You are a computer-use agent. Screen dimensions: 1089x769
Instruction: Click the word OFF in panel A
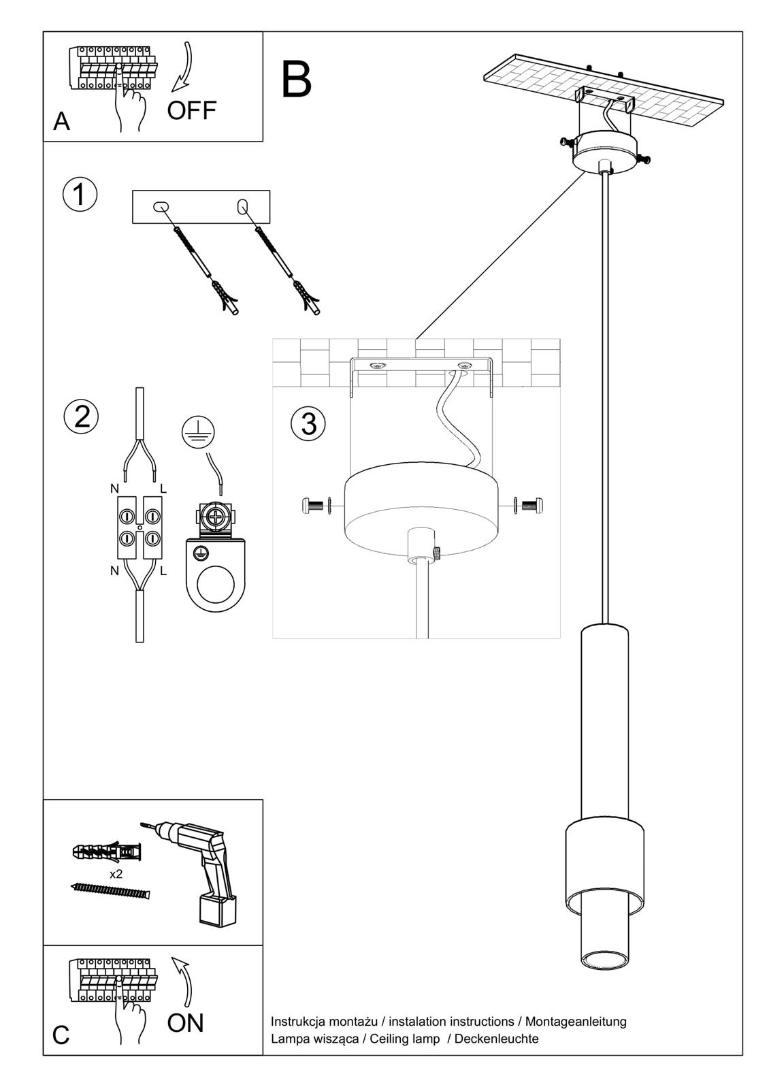pyautogui.click(x=192, y=110)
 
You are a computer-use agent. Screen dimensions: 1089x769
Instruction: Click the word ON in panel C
pyautogui.click(x=185, y=1022)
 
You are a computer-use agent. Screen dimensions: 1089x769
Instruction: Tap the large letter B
pyautogui.click(x=296, y=80)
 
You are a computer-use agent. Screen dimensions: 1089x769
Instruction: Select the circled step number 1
pyautogui.click(x=80, y=194)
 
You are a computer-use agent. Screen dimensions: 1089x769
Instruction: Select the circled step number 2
pyautogui.click(x=82, y=416)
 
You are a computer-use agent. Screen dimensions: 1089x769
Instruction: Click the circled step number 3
pyautogui.click(x=308, y=423)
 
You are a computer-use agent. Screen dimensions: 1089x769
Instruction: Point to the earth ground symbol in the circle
pyautogui.click(x=199, y=431)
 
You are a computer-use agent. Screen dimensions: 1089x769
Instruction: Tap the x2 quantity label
pyautogui.click(x=116, y=874)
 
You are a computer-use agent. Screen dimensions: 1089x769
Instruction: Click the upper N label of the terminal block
pyautogui.click(x=114, y=489)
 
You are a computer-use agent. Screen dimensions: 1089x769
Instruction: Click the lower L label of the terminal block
pyautogui.click(x=163, y=572)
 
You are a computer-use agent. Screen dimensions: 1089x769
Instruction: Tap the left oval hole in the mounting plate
pyautogui.click(x=161, y=206)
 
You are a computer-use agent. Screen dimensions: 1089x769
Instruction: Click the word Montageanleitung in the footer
pyautogui.click(x=576, y=1021)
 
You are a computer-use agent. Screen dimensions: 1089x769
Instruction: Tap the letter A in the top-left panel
pyautogui.click(x=61, y=121)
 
